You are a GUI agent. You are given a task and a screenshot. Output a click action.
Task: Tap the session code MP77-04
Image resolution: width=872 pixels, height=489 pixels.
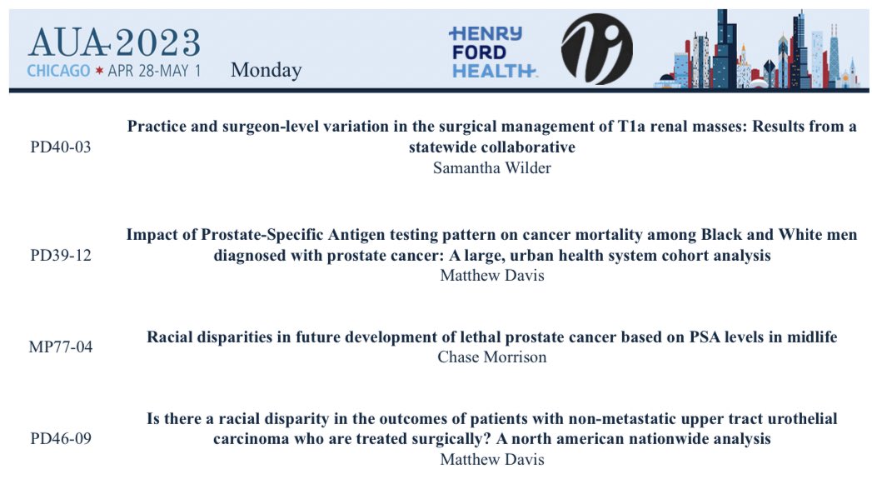(60, 347)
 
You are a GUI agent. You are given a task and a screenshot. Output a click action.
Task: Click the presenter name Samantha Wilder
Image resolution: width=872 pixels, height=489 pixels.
(491, 167)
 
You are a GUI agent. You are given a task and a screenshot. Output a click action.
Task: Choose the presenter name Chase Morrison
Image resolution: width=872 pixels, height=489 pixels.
(491, 357)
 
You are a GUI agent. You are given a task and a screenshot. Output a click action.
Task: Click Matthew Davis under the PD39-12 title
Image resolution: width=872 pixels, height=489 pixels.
(491, 276)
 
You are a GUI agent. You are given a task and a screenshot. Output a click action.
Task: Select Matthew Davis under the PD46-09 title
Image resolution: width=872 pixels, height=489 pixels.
(491, 459)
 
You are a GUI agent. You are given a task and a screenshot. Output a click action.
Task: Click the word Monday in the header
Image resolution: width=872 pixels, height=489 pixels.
(266, 70)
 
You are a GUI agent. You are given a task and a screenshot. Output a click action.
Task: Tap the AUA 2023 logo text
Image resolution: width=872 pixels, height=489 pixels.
(113, 41)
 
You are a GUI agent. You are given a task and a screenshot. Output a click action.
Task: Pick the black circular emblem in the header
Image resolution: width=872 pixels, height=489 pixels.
(596, 48)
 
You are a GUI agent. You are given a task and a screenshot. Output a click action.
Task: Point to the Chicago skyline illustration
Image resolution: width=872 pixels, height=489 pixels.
(766, 50)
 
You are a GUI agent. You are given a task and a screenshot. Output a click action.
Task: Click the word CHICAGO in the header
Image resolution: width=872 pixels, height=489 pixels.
(58, 71)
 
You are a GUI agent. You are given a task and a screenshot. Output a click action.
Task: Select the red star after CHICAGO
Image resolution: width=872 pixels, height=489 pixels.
(97, 71)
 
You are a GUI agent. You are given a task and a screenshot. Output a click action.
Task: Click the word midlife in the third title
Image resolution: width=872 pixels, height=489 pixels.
(809, 337)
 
